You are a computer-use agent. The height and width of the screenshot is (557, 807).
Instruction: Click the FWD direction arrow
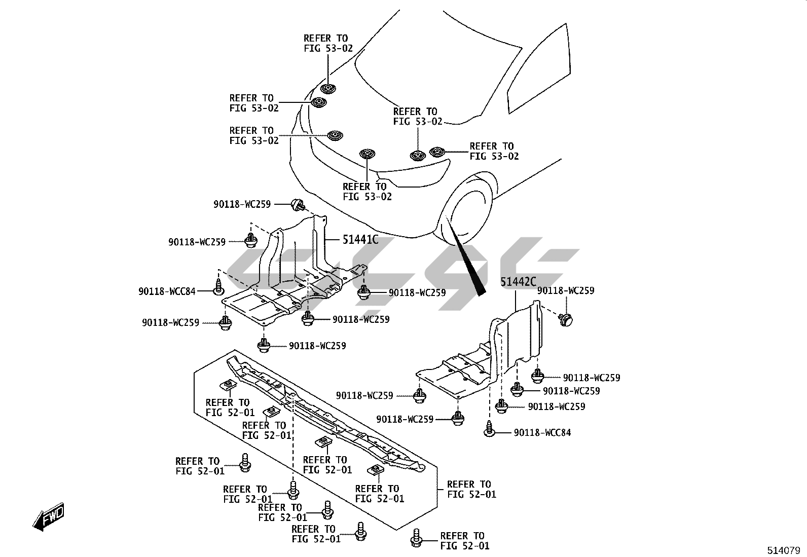(x=48, y=517)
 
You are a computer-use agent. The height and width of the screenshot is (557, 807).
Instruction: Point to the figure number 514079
(x=784, y=550)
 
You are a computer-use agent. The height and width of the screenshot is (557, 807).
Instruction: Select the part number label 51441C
(x=360, y=239)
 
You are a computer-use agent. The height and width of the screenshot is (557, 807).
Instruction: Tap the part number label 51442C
(x=518, y=281)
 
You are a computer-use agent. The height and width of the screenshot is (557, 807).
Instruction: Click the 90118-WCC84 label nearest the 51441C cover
(x=167, y=291)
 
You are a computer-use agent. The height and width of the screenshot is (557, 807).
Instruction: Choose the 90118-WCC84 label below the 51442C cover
(x=542, y=432)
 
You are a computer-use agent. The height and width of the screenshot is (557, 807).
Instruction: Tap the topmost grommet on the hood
(x=328, y=88)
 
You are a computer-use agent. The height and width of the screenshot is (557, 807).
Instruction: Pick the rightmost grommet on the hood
(x=437, y=152)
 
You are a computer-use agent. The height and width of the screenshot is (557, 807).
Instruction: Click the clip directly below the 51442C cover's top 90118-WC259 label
(x=565, y=319)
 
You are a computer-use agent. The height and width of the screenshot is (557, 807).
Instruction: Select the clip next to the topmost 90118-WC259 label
(x=298, y=205)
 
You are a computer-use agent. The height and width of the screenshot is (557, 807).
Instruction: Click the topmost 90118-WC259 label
(x=242, y=204)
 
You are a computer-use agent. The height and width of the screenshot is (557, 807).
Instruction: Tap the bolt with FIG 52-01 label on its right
(x=417, y=538)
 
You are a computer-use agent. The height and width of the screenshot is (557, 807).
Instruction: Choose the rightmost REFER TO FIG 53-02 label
(x=494, y=151)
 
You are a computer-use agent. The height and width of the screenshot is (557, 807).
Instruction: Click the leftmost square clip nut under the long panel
(x=228, y=385)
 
